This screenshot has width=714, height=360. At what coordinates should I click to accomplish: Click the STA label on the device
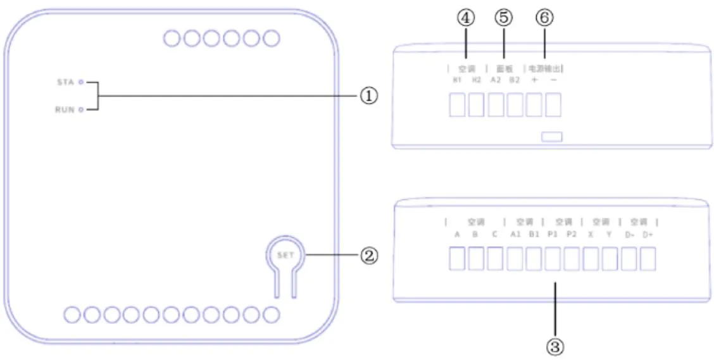(65, 82)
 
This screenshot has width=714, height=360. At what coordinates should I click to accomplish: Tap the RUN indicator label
(65, 109)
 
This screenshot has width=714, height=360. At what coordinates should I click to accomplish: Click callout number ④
(467, 18)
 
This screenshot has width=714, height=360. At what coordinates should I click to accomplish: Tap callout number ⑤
(504, 18)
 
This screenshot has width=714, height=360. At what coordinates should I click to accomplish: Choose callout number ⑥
(543, 18)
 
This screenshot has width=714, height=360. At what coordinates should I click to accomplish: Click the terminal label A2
(496, 80)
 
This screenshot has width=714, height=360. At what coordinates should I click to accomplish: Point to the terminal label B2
(515, 80)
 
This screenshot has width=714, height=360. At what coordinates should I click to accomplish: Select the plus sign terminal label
(534, 80)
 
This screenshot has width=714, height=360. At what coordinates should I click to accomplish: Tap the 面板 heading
(504, 68)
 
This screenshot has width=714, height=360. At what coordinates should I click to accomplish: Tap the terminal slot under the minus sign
(553, 105)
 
